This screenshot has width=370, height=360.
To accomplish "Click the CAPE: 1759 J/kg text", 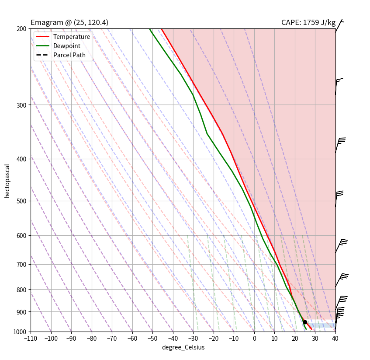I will [x=308, y=23].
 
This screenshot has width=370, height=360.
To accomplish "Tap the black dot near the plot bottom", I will [x=305, y=322].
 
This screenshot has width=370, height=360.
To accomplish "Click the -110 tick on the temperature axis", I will [x=31, y=338].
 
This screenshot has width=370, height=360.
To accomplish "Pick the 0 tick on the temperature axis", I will [x=254, y=338].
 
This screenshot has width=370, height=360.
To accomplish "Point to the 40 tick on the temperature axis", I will [x=335, y=338].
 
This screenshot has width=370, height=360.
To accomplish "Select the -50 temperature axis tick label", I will [x=152, y=338].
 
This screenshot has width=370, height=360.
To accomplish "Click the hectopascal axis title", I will [x=7, y=181].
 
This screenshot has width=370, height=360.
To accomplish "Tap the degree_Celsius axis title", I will [x=183, y=347].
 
